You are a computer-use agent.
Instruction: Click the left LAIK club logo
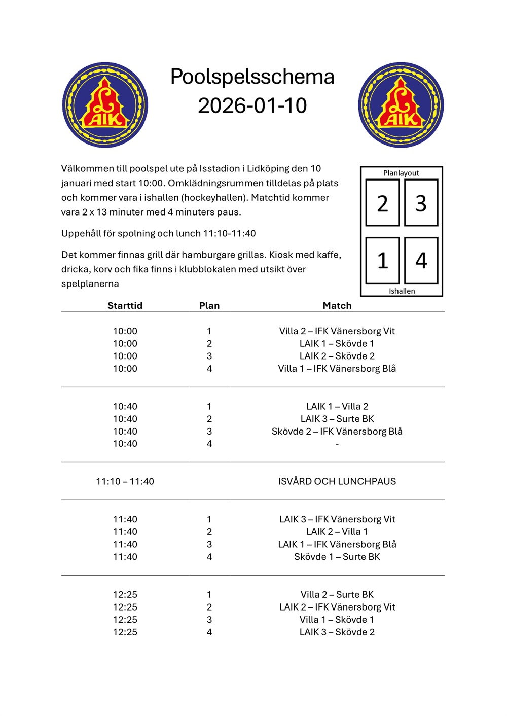pos(105,105)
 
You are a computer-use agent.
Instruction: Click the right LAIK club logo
pos(401,105)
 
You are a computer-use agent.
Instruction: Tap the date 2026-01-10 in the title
pos(252,105)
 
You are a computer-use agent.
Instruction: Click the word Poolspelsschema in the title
pos(252,77)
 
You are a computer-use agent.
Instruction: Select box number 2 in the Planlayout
pos(382,203)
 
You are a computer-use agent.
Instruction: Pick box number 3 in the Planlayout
pos(421,203)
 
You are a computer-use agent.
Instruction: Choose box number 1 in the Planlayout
pos(382,261)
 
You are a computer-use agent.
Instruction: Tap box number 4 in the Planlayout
pos(421,261)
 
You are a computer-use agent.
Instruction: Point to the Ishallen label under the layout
pos(402,291)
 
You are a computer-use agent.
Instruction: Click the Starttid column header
pos(125,305)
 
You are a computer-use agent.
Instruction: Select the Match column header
pos(337,305)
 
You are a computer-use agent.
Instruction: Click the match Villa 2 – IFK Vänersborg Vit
pos(337,331)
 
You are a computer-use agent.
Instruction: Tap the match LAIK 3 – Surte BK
pos(337,419)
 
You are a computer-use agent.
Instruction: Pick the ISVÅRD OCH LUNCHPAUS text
pos(337,481)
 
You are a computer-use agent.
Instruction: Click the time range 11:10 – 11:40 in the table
pos(125,481)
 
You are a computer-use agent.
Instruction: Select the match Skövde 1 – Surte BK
pos(337,557)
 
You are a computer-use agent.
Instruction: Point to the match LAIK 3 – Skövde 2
pos(337,632)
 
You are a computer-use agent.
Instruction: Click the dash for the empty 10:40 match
pos(337,444)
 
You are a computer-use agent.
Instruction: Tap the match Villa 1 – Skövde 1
pos(337,620)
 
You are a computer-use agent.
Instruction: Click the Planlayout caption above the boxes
pos(401,173)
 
